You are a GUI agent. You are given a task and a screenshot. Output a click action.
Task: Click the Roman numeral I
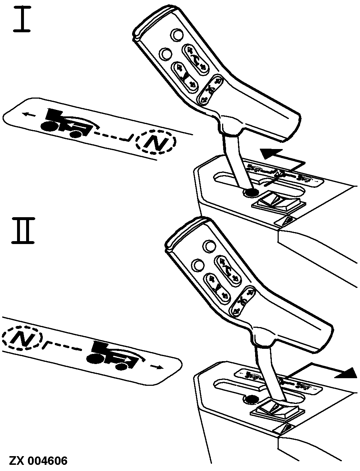pyautogui.click(x=22, y=20)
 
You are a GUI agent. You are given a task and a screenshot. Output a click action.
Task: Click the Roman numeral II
pyautogui.click(x=23, y=231)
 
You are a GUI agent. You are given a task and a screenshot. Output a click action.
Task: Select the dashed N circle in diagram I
pyautogui.click(x=156, y=142)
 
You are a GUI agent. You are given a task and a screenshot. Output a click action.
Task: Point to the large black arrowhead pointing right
pyautogui.click(x=346, y=373)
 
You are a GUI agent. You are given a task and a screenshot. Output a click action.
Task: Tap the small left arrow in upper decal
pyautogui.click(x=29, y=115)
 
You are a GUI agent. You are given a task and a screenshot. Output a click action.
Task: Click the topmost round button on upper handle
pyautogui.click(x=177, y=34)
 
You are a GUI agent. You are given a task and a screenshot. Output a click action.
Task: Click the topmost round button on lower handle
pyautogui.click(x=210, y=246)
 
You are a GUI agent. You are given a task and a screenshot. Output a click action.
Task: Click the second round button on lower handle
pyautogui.click(x=199, y=265)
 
